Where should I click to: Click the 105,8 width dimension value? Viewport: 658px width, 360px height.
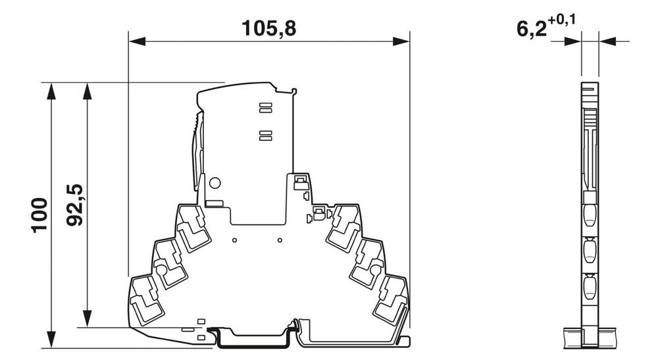point(269,28)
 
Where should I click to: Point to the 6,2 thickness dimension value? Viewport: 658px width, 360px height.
point(531,29)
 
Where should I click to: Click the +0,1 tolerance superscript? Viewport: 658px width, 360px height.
point(563,20)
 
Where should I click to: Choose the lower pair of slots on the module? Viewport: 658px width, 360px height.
point(265,135)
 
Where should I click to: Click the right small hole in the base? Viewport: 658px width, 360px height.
point(279,241)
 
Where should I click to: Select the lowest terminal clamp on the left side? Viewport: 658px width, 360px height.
point(146,300)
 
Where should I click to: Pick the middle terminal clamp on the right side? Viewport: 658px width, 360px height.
point(366,262)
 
